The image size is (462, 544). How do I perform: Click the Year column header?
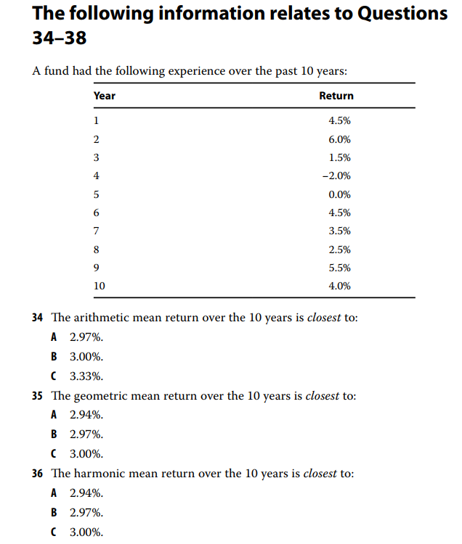105,96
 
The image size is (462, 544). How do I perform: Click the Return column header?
336,96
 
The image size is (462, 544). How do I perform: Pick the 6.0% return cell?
340,139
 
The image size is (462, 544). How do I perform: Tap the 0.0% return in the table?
340,194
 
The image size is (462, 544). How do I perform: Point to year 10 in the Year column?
100,286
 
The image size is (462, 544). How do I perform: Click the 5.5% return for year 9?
340,268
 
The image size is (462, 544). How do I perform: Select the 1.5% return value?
340,157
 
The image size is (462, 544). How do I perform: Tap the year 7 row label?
97,231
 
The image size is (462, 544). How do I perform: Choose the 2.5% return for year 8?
340,250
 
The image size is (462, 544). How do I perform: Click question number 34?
38,318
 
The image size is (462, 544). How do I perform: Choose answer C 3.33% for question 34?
86,376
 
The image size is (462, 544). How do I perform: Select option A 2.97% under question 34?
86,337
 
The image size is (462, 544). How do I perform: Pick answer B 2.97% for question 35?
86,434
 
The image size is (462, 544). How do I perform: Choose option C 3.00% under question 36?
86,532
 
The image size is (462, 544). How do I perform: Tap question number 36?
38,474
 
